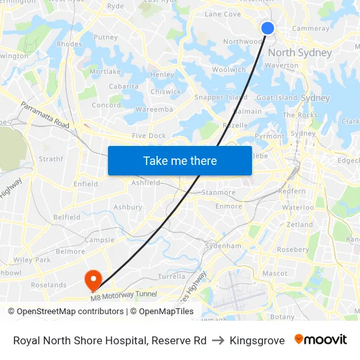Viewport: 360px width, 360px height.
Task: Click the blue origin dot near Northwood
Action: [x=268, y=27]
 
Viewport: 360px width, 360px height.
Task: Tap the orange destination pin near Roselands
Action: [x=93, y=279]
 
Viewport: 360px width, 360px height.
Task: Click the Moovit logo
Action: [x=321, y=340]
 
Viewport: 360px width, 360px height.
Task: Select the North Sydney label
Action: [x=300, y=52]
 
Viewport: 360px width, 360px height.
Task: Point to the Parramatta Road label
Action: [x=45, y=115]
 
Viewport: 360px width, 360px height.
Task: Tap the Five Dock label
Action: [x=149, y=135]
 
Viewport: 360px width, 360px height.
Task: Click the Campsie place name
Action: [x=99, y=240]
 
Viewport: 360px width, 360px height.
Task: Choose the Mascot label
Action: [x=274, y=273]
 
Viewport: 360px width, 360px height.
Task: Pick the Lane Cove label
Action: [x=223, y=14]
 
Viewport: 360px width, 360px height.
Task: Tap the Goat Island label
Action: [x=277, y=98]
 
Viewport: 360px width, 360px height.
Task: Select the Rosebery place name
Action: [x=293, y=249]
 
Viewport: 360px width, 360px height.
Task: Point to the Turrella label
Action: [x=171, y=276]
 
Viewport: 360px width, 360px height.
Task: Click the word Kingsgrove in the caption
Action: [x=257, y=340]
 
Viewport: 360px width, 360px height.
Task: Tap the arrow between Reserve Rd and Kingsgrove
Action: [x=218, y=340]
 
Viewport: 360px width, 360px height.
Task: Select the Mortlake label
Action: [x=105, y=71]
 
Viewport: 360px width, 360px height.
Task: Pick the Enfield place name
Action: [x=86, y=184]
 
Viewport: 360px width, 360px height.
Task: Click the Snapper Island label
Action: [x=221, y=98]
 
